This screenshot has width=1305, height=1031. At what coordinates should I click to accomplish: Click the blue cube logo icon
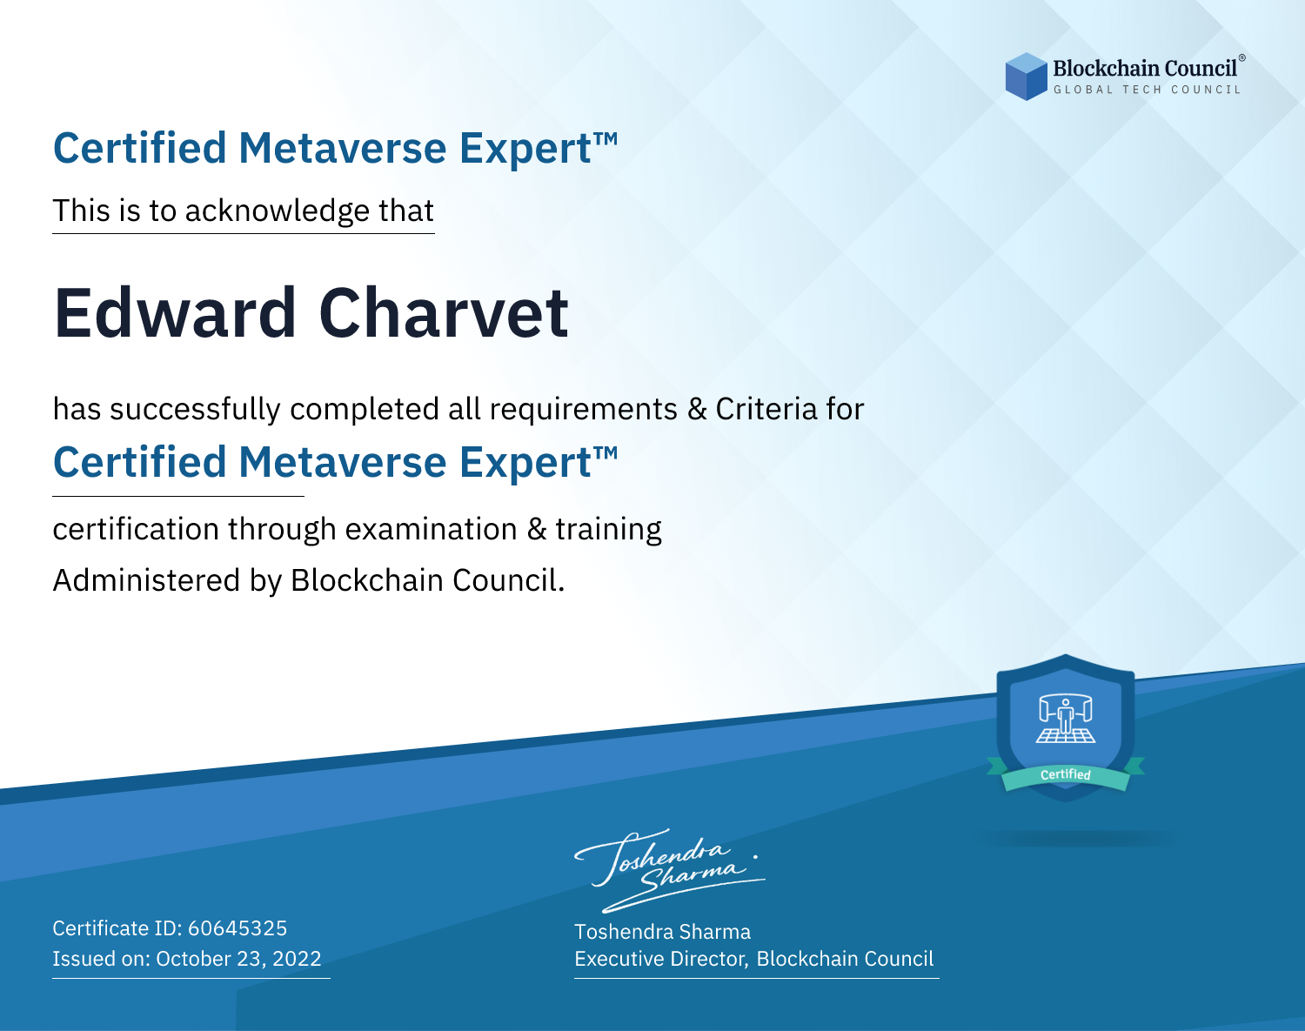pyautogui.click(x=1026, y=77)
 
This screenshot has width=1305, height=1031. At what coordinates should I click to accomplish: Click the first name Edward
pyautogui.click(x=175, y=313)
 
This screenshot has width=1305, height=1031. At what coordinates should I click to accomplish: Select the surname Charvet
pyautogui.click(x=444, y=313)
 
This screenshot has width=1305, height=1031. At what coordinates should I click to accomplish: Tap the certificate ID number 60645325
pyautogui.click(x=238, y=928)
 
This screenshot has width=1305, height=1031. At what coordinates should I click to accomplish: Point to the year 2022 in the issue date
pyautogui.click(x=297, y=959)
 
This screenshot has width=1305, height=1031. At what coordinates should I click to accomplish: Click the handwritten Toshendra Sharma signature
pyautogui.click(x=670, y=871)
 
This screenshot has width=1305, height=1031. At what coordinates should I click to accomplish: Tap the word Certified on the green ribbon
pyautogui.click(x=1066, y=775)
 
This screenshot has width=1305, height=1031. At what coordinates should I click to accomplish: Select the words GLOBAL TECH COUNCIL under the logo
pyautogui.click(x=1148, y=90)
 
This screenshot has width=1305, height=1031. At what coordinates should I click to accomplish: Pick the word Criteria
pyautogui.click(x=766, y=409)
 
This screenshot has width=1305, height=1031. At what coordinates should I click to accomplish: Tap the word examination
pyautogui.click(x=431, y=529)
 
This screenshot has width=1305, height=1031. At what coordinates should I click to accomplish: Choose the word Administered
pyautogui.click(x=146, y=580)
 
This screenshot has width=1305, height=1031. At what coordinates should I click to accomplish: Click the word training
pyautogui.click(x=608, y=530)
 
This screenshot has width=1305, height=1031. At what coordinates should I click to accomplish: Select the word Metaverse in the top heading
pyautogui.click(x=343, y=148)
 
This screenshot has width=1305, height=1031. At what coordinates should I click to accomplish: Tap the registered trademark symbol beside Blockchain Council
pyautogui.click(x=1241, y=58)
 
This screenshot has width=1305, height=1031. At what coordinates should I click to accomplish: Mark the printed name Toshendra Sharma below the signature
pyautogui.click(x=662, y=932)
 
